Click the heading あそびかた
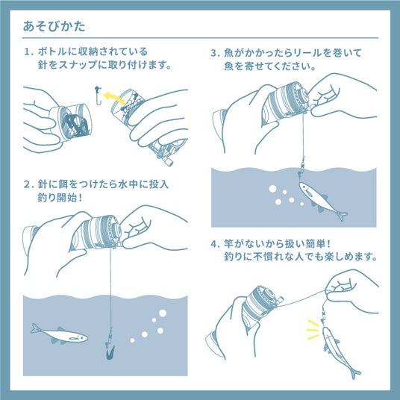(54, 26)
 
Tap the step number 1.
(28, 51)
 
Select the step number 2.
(27, 184)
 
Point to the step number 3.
(213, 53)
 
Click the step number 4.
(213, 244)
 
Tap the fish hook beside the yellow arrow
(99, 96)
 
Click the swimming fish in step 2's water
(59, 334)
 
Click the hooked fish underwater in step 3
(322, 201)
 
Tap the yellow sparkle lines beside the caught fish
(313, 330)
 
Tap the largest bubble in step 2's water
(163, 313)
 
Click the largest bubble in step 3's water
(272, 189)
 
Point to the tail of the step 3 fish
(342, 216)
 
